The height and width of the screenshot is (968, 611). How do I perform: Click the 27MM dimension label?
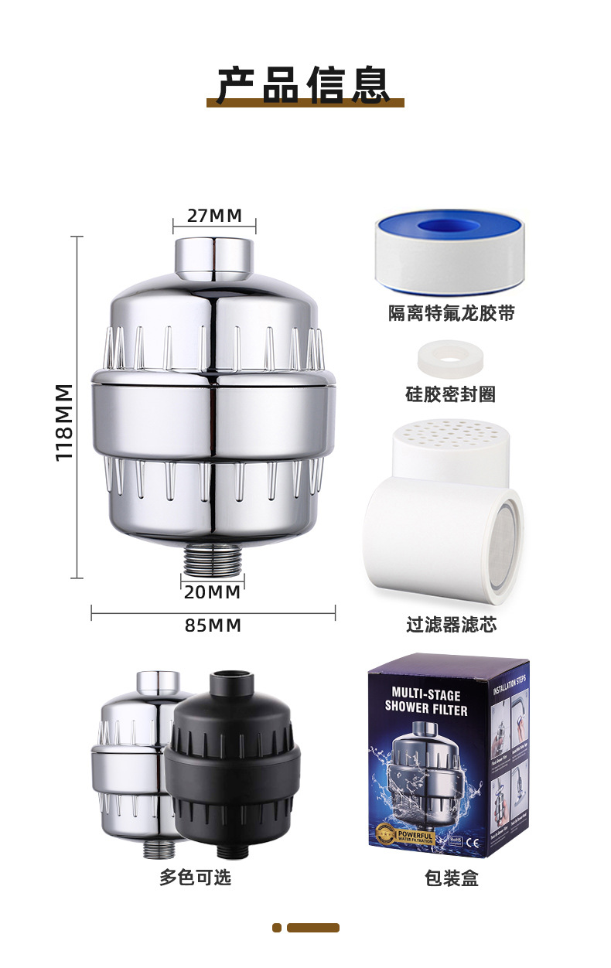pyautogui.click(x=213, y=216)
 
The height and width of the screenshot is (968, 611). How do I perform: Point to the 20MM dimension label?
pyautogui.click(x=213, y=593)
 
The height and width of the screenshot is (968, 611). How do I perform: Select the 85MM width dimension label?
pyautogui.click(x=213, y=625)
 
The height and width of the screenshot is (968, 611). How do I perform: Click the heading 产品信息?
pyautogui.click(x=305, y=86)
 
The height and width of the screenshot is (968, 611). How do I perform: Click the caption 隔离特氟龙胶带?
pyautogui.click(x=451, y=313)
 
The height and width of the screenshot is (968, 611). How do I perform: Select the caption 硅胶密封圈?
pyautogui.click(x=451, y=394)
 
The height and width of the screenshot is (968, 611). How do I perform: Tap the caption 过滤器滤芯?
pyautogui.click(x=451, y=625)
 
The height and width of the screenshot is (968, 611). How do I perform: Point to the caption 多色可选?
pyautogui.click(x=195, y=878)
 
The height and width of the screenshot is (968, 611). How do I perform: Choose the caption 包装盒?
pyautogui.click(x=452, y=878)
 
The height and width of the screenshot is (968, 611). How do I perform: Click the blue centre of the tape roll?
pyautogui.click(x=449, y=227)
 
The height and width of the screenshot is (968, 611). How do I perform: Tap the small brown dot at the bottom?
pyautogui.click(x=277, y=928)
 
